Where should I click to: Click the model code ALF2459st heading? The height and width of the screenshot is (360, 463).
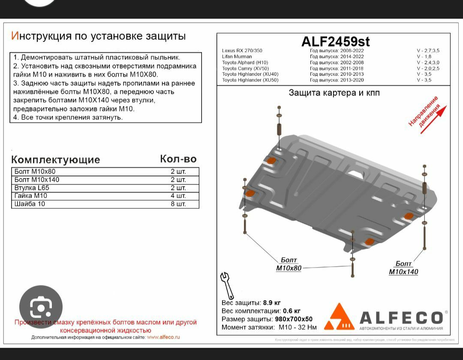click(336, 41)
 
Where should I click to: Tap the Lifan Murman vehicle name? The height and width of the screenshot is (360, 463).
click(237, 57)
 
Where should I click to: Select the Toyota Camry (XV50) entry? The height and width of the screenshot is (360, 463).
click(245, 69)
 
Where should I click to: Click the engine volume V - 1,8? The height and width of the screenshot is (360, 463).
click(424, 57)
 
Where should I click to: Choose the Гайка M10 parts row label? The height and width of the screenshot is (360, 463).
click(31, 196)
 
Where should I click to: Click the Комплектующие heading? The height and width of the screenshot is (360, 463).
click(55, 159)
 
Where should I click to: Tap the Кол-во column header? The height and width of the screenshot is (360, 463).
click(178, 159)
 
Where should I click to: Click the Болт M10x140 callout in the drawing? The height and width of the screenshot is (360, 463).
click(403, 268)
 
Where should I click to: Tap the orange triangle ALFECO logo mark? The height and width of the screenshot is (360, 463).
click(339, 318)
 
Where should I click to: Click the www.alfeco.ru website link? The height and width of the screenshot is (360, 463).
click(163, 337)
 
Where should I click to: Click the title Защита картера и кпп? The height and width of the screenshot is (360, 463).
click(334, 93)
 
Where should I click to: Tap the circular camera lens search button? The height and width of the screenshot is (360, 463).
click(41, 307)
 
